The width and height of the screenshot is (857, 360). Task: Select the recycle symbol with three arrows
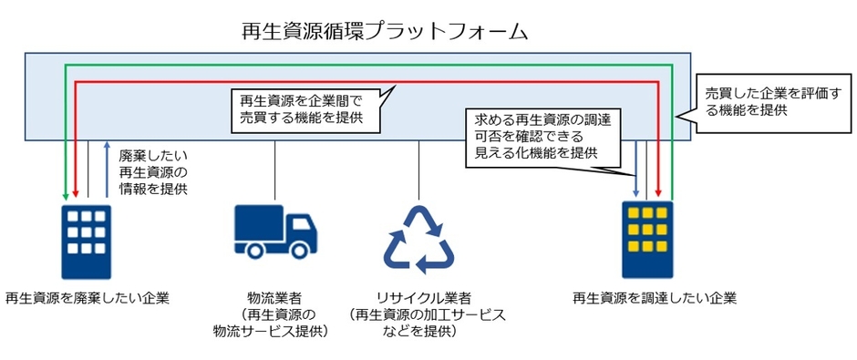(418, 240)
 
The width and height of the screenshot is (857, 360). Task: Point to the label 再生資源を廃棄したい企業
(87, 297)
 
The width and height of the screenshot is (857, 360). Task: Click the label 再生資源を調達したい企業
(654, 297)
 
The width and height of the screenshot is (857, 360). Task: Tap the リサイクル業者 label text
(418, 297)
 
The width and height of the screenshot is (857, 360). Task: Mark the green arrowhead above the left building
(65, 193)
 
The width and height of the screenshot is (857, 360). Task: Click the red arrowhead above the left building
(76, 193)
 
